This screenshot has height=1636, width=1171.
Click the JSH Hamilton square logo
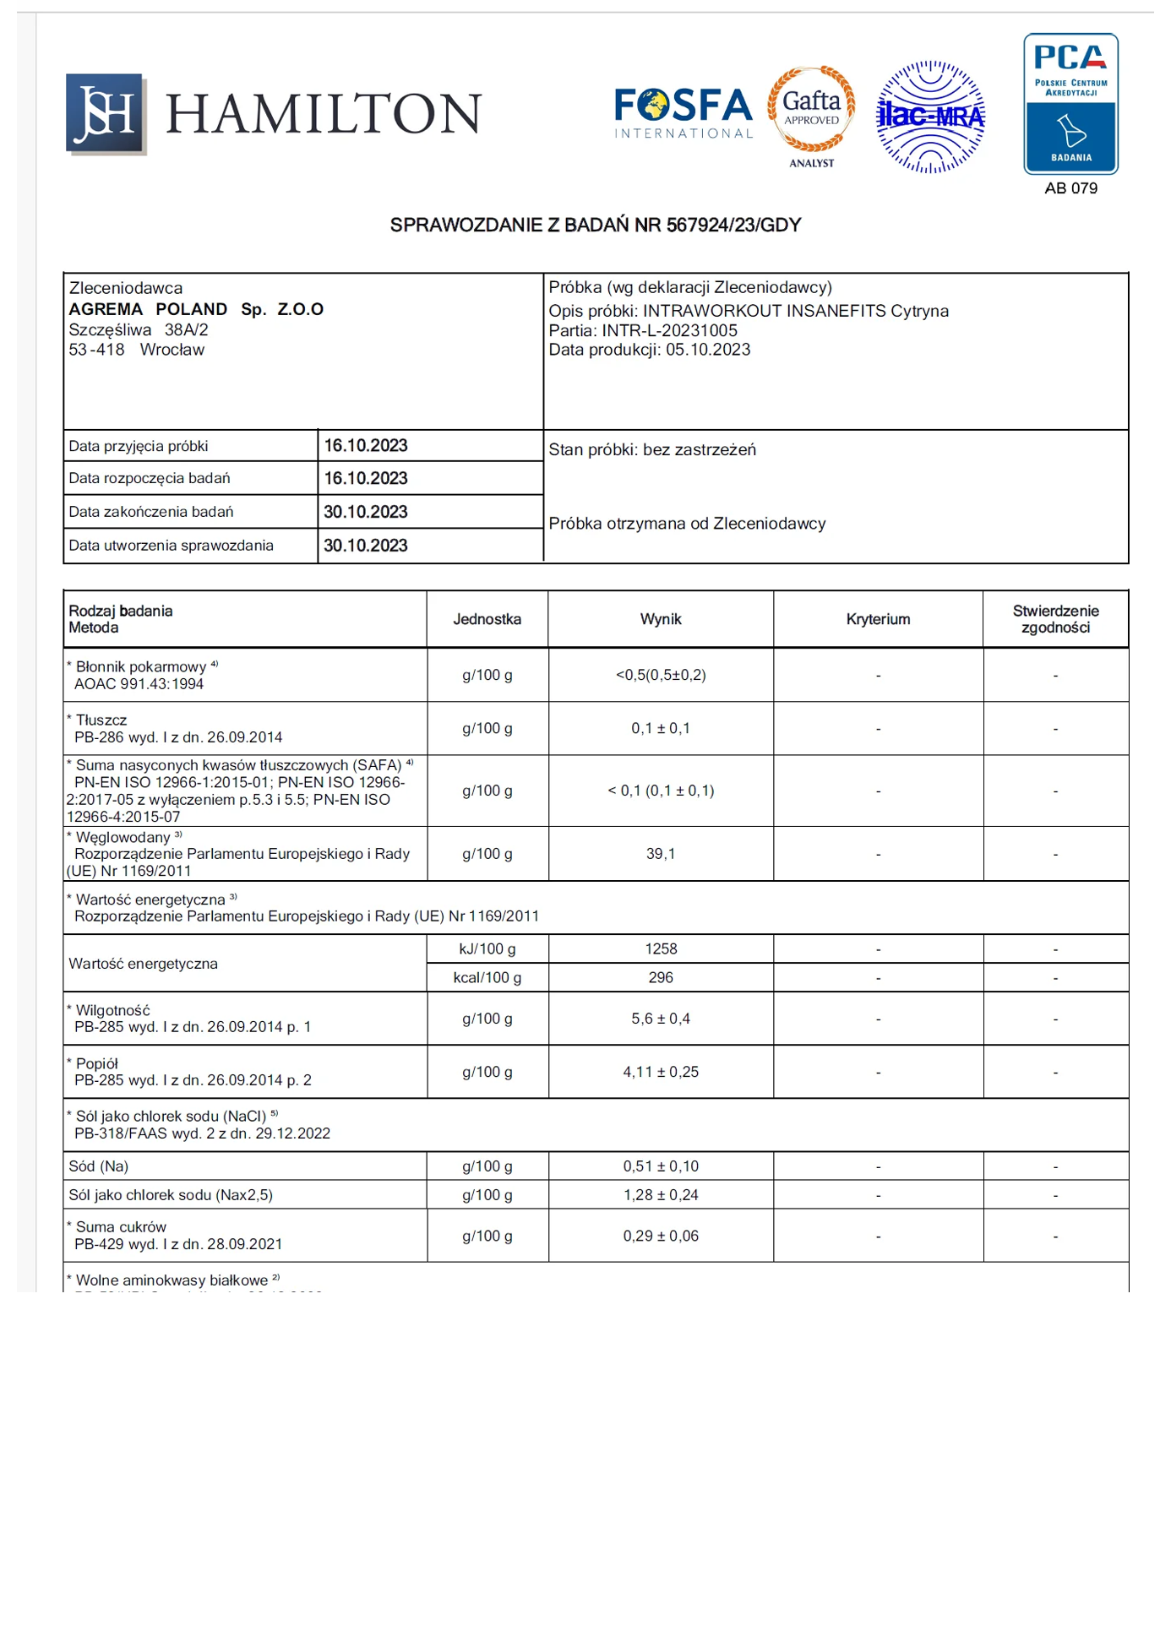click(106, 114)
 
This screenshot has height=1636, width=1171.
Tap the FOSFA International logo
click(683, 112)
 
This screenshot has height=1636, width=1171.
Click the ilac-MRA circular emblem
click(930, 117)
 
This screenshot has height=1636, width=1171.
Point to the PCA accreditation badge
click(1070, 104)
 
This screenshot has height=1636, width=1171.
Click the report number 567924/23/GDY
click(733, 226)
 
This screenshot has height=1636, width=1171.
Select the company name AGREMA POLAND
click(148, 309)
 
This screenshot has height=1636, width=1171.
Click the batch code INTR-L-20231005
click(669, 330)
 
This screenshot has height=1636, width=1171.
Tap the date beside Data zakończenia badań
click(366, 512)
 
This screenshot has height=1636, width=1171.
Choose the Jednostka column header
click(487, 619)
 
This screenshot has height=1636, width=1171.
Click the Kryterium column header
click(878, 619)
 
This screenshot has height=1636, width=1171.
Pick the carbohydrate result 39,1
click(661, 854)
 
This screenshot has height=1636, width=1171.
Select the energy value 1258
click(661, 948)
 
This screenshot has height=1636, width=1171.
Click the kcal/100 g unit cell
click(487, 977)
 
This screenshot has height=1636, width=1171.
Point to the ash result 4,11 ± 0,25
click(661, 1072)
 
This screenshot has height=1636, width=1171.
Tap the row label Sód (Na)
click(99, 1166)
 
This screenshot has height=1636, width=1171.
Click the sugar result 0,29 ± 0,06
click(661, 1236)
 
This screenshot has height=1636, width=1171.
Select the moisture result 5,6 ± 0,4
click(661, 1019)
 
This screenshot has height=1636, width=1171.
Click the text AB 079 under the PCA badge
click(1070, 188)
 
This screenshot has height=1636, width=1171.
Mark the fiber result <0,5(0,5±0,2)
click(661, 675)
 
